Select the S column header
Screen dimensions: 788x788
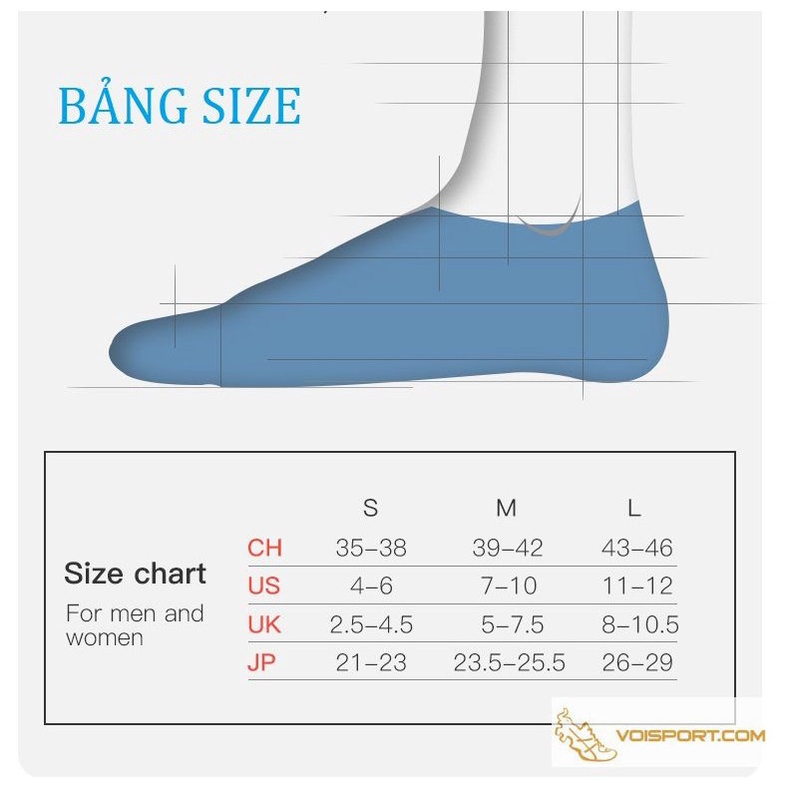click(x=370, y=508)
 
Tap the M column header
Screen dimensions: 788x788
click(x=506, y=508)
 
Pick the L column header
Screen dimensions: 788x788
click(x=634, y=508)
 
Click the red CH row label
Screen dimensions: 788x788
click(x=264, y=548)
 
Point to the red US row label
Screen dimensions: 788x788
click(x=263, y=586)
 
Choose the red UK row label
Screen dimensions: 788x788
click(x=264, y=624)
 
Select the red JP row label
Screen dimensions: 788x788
click(x=261, y=662)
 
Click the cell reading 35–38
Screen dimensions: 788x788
click(x=371, y=548)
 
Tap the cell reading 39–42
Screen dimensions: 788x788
click(x=508, y=548)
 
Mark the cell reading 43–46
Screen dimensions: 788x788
click(x=636, y=548)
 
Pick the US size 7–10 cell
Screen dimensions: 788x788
click(x=509, y=586)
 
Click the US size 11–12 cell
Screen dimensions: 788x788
click(x=637, y=586)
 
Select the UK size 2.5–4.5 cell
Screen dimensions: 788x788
click(x=371, y=624)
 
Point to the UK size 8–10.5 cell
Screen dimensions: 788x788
click(x=639, y=624)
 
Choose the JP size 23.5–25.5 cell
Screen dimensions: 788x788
click(x=509, y=662)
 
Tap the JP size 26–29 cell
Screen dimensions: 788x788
click(x=637, y=662)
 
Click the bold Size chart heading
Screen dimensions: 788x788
click(x=135, y=573)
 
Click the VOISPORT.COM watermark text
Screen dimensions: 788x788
click(x=690, y=736)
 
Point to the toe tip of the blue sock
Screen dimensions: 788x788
click(x=110, y=351)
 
